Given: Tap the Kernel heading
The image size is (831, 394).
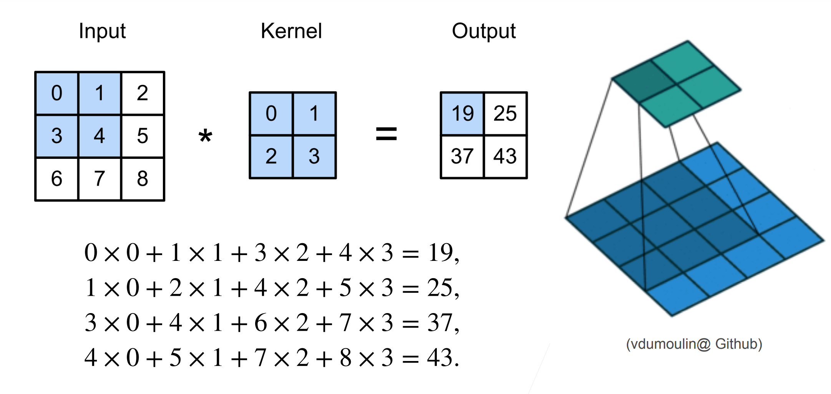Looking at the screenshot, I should pos(291,31).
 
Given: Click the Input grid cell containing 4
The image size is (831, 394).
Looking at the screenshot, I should pos(100,136).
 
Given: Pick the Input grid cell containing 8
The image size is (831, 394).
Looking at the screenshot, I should pos(143,179).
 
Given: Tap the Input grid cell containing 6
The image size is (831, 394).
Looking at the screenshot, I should pos(56,179).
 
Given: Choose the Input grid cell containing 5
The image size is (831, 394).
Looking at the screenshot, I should pos(143,136).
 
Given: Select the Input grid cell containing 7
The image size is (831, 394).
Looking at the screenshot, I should pos(100,179).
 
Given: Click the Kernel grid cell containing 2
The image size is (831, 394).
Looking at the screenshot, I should pos(271,157).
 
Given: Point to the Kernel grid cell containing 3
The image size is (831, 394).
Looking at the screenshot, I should pos(314,157).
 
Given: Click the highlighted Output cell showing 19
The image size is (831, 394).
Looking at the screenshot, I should pos(463,114).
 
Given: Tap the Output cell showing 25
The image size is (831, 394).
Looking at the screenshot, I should pos(505,114).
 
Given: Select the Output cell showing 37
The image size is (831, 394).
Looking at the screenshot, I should pos(463,157).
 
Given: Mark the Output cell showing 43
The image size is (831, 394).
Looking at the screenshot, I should pos(505,157).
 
